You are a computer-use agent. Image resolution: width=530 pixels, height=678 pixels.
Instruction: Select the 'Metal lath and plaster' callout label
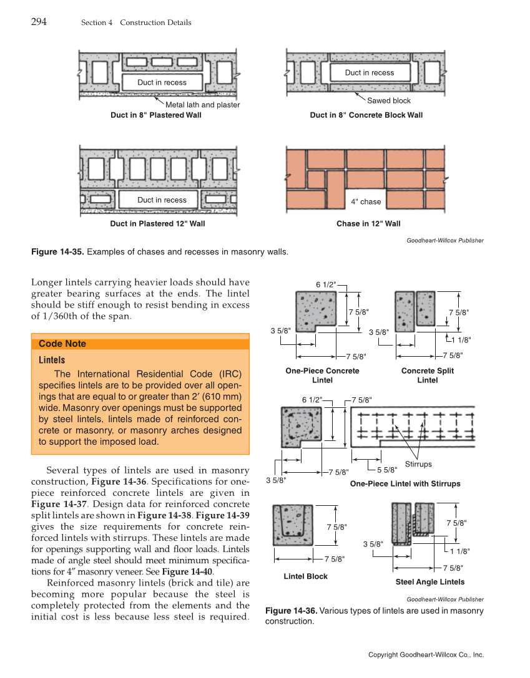[x=202, y=105]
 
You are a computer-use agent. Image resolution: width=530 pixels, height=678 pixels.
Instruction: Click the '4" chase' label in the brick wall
[x=365, y=201]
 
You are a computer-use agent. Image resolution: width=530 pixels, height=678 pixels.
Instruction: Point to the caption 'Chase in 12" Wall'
[x=368, y=223]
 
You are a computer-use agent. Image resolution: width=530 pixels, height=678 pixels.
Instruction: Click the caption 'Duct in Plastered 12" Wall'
[x=157, y=223]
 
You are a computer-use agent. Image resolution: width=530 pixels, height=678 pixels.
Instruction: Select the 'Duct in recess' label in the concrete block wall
[x=370, y=72]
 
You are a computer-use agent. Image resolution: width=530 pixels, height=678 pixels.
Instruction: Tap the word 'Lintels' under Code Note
[x=52, y=360]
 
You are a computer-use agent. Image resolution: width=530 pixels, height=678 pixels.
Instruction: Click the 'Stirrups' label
[x=418, y=464]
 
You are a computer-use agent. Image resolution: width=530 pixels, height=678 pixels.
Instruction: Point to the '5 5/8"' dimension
[x=387, y=470]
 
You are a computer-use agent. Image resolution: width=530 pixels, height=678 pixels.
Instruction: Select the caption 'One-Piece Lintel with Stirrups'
[x=405, y=484]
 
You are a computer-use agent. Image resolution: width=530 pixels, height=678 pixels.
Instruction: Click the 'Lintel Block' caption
[x=305, y=576]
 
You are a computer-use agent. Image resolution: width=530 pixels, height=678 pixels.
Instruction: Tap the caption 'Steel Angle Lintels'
[x=429, y=582]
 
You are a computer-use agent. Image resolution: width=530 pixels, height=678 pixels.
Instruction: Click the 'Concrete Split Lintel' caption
[x=427, y=375]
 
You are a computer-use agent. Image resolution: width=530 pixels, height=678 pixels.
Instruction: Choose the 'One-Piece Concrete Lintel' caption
[x=322, y=375]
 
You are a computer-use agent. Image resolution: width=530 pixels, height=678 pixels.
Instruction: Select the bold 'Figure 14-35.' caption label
[x=57, y=252]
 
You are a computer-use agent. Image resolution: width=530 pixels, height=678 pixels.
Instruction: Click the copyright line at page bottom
[x=426, y=655]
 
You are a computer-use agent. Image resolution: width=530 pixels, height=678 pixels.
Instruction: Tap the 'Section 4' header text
[x=97, y=22]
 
